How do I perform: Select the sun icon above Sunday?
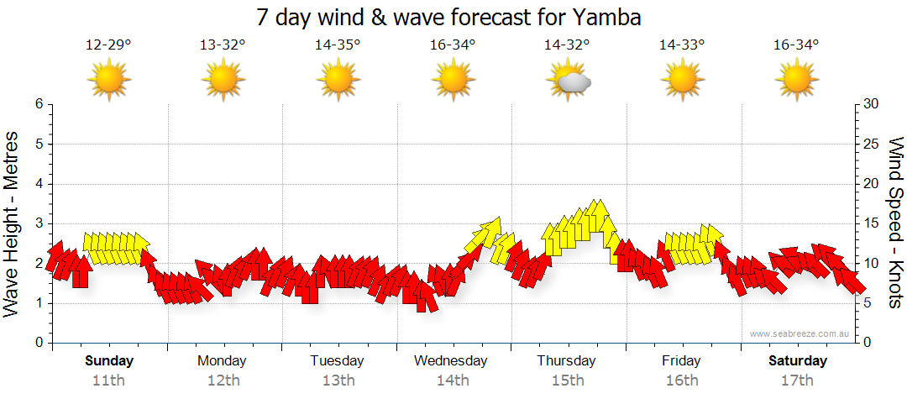coord(108,81)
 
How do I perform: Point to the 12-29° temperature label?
coord(108,45)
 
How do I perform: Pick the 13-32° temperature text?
coord(223,45)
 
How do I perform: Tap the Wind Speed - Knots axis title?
coord(895,223)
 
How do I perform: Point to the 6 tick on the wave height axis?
coord(39,104)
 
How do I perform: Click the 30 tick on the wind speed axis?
coord(871,104)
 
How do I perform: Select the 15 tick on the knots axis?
coord(871,223)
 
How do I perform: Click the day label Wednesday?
coord(451,361)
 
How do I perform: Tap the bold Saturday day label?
coord(798,361)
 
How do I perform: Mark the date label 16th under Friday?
coord(681,381)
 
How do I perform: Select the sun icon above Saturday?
coord(796,81)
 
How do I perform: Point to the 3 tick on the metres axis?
coord(39,223)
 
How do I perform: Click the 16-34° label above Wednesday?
coord(453,45)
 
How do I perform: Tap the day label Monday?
coord(222,361)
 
